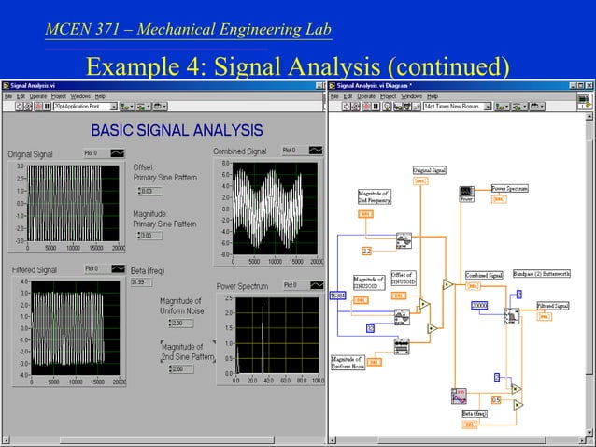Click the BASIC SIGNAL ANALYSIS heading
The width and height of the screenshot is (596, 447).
tap(176, 129)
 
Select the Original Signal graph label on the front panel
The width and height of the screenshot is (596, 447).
tap(31, 154)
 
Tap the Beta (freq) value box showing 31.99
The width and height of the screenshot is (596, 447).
tap(141, 281)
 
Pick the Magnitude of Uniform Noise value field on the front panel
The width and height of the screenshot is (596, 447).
tap(180, 323)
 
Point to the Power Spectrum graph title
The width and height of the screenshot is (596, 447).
tap(242, 286)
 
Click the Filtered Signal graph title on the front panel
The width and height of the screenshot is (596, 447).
tap(35, 269)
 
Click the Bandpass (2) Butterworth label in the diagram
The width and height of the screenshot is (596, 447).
tap(536, 275)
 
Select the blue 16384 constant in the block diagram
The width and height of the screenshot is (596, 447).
tap(337, 296)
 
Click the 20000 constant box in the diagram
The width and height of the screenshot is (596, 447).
tap(480, 306)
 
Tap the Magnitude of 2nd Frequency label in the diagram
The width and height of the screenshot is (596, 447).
tap(374, 195)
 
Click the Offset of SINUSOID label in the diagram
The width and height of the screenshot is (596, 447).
tap(404, 279)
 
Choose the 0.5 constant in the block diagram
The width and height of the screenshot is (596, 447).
tap(496, 399)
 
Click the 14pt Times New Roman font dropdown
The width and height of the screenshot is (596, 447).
tap(456, 106)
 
